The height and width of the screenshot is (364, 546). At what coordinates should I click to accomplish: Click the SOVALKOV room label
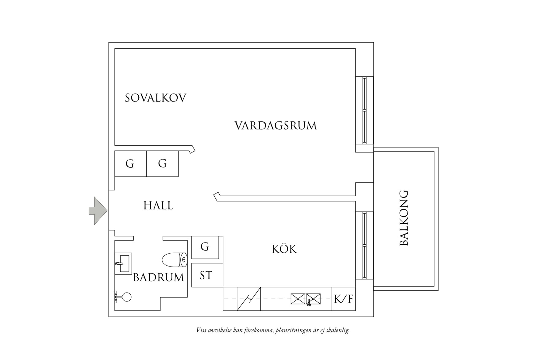(x=156, y=98)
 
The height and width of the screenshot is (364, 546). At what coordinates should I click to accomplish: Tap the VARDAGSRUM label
(x=275, y=126)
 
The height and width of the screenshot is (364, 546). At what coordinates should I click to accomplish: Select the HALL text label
(x=158, y=205)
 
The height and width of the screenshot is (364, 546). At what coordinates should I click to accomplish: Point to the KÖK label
(x=284, y=249)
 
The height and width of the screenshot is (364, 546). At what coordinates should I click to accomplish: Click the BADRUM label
(x=158, y=278)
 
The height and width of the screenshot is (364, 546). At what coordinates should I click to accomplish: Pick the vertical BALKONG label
(x=404, y=218)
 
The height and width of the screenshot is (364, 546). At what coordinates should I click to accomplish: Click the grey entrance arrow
(x=98, y=211)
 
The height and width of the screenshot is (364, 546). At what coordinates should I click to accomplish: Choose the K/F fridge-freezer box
(x=344, y=299)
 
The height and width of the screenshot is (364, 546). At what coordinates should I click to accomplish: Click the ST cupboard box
(x=206, y=275)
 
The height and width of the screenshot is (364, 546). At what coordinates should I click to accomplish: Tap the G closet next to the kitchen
(x=205, y=247)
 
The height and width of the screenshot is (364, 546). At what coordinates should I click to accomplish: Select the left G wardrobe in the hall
(x=130, y=164)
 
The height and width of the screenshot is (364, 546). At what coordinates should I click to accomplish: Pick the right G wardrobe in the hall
(x=162, y=164)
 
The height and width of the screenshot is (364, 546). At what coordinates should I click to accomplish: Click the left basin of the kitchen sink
(x=298, y=299)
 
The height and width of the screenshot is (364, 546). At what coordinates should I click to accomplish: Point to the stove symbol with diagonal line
(x=249, y=299)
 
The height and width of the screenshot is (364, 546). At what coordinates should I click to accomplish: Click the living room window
(x=364, y=110)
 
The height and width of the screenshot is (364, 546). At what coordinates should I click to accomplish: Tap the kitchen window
(x=364, y=245)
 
